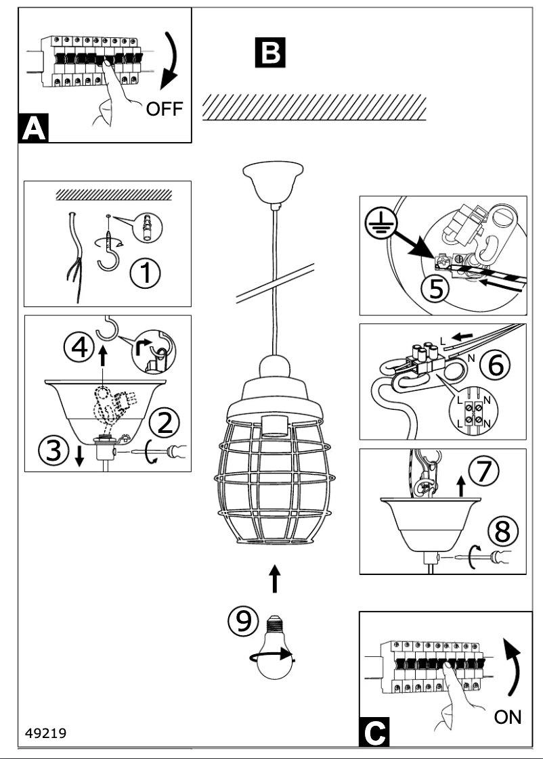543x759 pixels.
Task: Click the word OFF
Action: [x=165, y=109]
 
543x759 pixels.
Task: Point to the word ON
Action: [x=508, y=717]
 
